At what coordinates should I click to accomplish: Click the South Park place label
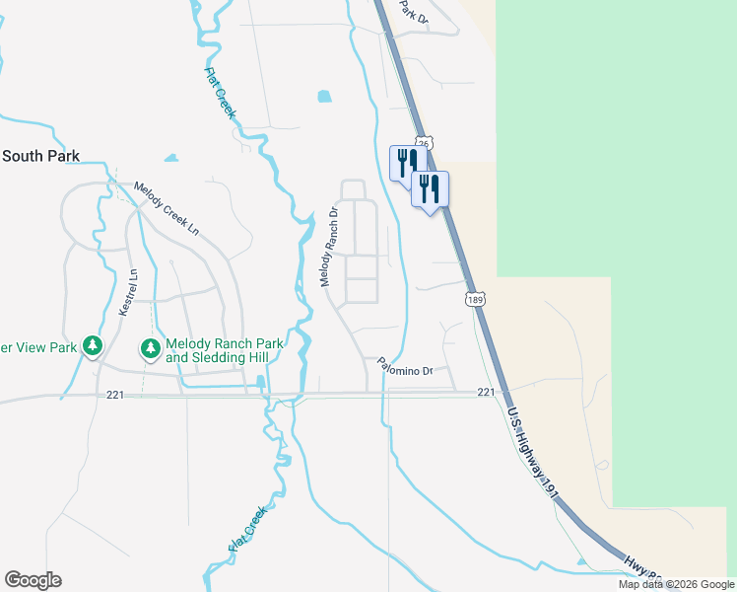click(x=40, y=156)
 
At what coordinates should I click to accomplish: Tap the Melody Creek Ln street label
click(x=167, y=209)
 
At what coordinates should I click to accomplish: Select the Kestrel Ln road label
click(x=126, y=293)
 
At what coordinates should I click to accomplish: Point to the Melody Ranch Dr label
click(x=330, y=248)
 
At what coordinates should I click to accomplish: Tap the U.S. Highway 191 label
click(x=529, y=445)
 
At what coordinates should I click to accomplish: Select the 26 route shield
click(x=422, y=143)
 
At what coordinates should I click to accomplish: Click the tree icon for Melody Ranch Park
click(x=150, y=348)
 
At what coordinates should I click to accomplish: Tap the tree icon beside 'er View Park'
click(x=93, y=346)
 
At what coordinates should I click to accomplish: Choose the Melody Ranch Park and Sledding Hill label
click(x=225, y=350)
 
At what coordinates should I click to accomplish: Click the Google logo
click(x=33, y=580)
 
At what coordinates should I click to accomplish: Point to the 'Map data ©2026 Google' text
click(x=675, y=584)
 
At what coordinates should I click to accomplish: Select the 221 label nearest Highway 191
click(x=485, y=392)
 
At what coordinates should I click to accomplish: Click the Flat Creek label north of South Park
click(x=220, y=93)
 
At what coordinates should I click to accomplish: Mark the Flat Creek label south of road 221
click(x=247, y=528)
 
